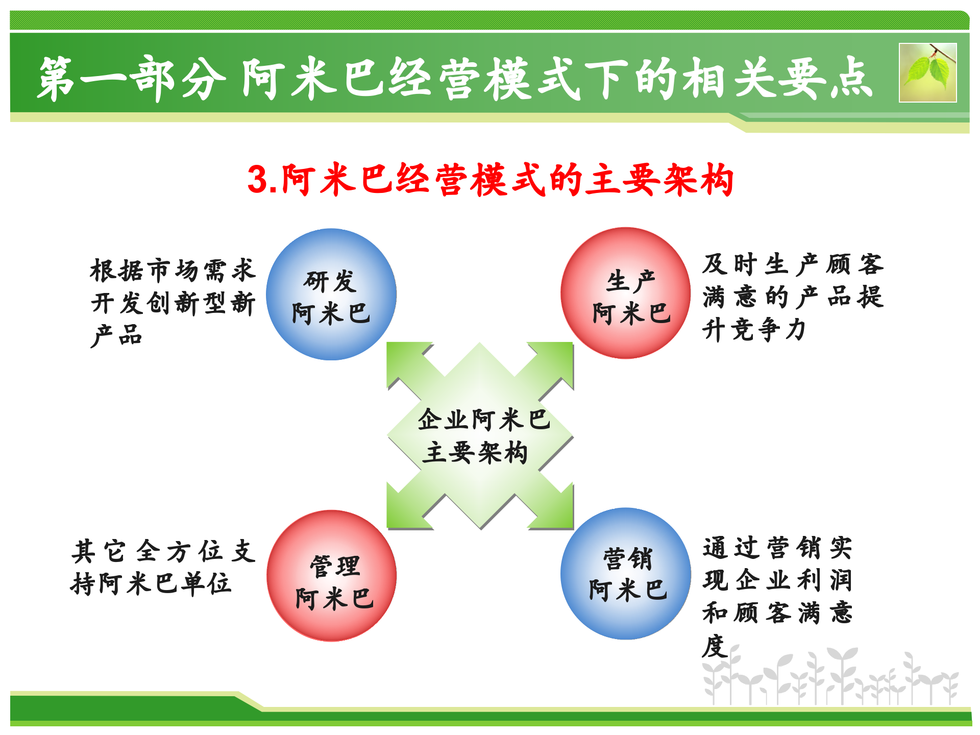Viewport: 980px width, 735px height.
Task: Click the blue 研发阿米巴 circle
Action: (x=331, y=295)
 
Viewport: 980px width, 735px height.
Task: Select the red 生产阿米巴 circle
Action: (x=626, y=293)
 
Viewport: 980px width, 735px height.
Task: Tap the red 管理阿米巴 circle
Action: (x=332, y=576)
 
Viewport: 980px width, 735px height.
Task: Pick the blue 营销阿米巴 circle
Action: (x=626, y=573)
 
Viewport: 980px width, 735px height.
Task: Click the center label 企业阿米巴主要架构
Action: (x=480, y=436)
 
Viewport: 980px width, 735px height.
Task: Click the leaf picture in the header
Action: (x=927, y=72)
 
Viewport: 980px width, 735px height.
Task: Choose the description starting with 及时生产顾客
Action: (x=792, y=297)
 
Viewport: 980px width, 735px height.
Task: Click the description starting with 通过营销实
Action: (x=777, y=580)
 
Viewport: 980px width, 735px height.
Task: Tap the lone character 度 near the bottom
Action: (x=715, y=646)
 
